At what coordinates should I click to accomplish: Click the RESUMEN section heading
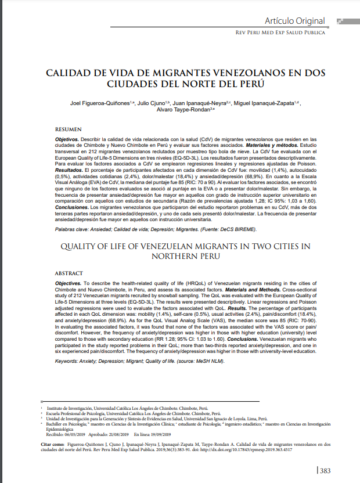[x=69, y=128]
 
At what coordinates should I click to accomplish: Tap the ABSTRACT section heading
[x=69, y=273]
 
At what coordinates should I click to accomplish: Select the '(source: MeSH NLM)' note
[x=196, y=361]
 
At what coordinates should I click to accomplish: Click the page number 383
[x=325, y=471]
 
